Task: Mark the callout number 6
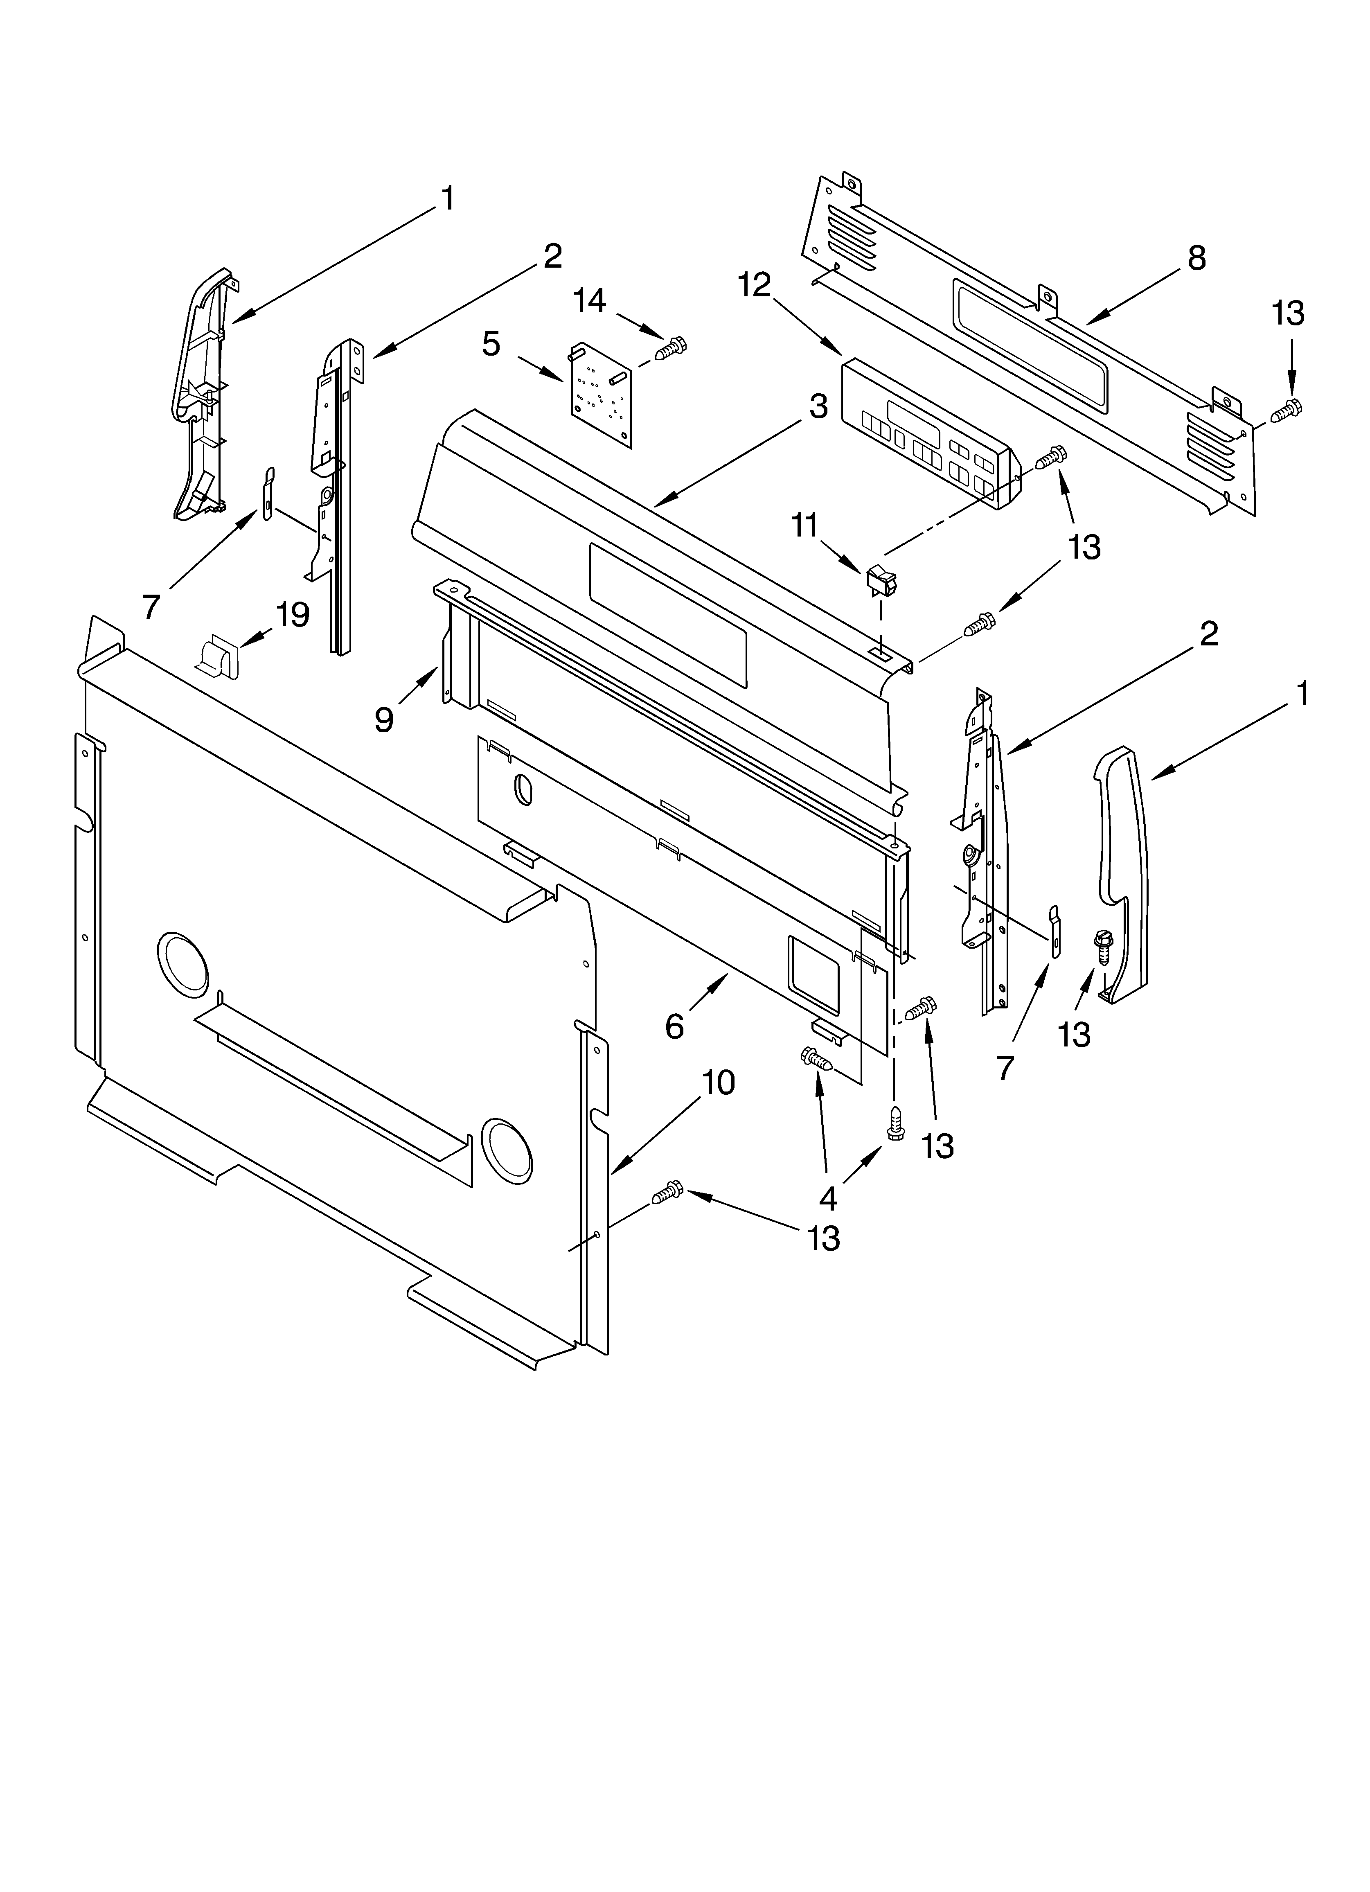pyautogui.click(x=674, y=1026)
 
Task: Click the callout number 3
pyautogui.click(x=818, y=406)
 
